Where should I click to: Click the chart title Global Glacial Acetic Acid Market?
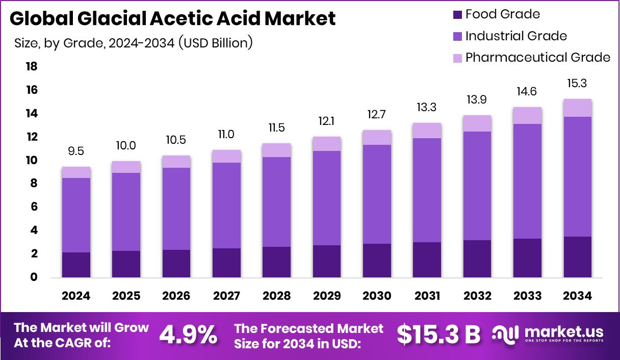point(172,19)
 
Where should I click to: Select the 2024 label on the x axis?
point(76,296)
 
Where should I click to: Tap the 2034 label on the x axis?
point(578,296)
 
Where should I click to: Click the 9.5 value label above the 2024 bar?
point(76,151)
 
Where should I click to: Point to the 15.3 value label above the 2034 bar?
point(578,83)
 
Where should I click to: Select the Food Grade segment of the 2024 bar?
point(76,265)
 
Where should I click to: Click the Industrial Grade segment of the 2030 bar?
point(377,194)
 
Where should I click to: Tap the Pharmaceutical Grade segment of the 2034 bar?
point(578,108)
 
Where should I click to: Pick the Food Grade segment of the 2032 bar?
point(477,259)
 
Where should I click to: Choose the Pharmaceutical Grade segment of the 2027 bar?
point(226,156)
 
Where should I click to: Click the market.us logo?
point(549,335)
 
